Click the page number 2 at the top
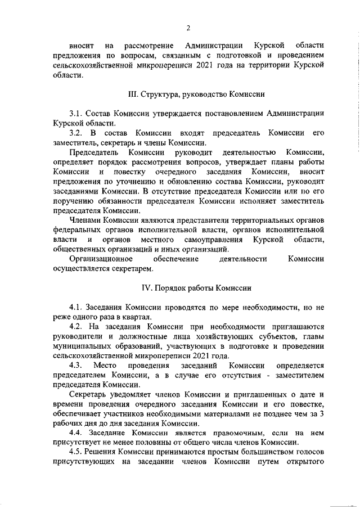click(188, 28)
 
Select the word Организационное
click(101, 259)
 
